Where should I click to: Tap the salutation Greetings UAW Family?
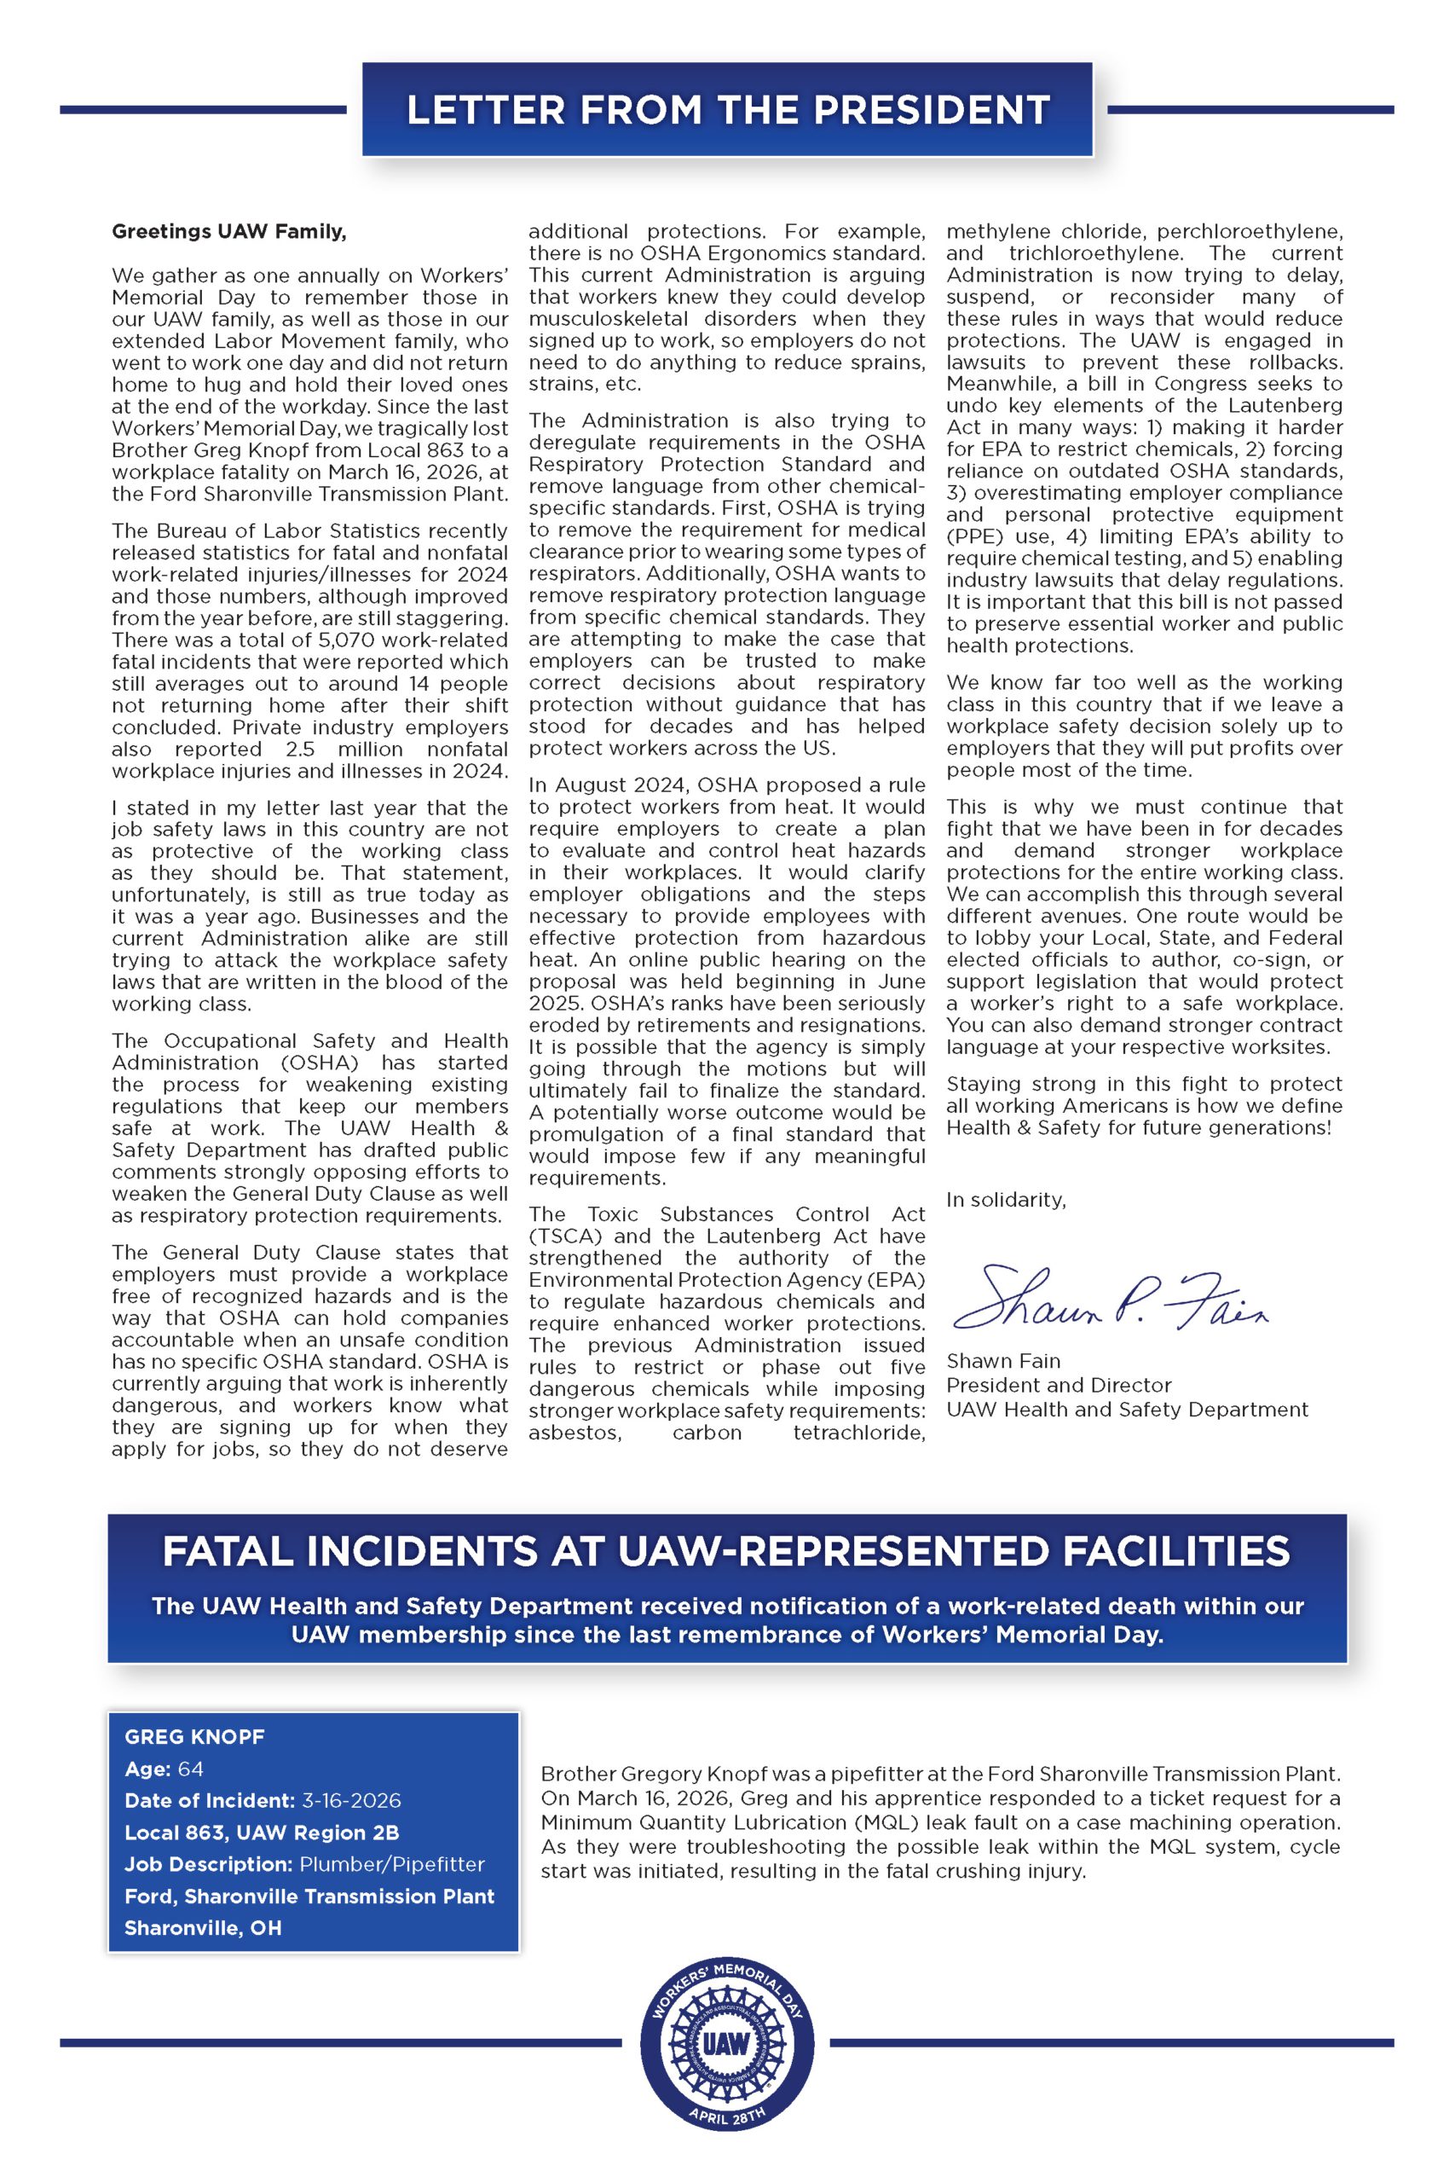tap(228, 231)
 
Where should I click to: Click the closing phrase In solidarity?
tap(1006, 1200)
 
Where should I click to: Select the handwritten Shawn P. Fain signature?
tap(1109, 1297)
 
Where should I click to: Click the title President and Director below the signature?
tap(1058, 1385)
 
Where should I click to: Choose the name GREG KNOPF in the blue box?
tap(194, 1736)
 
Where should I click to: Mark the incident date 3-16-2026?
tap(351, 1801)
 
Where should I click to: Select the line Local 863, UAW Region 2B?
tap(262, 1833)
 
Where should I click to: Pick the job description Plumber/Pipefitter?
tap(391, 1864)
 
